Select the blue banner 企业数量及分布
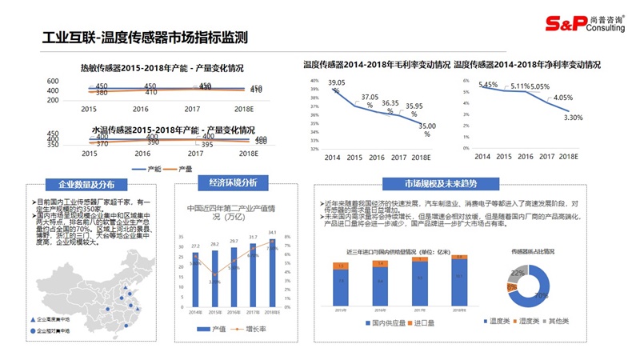tap(81, 183)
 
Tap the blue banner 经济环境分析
tap(233, 183)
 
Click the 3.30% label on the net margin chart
tap(574, 118)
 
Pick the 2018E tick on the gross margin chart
tap(418, 158)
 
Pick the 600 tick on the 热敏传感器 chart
tap(53, 81)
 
